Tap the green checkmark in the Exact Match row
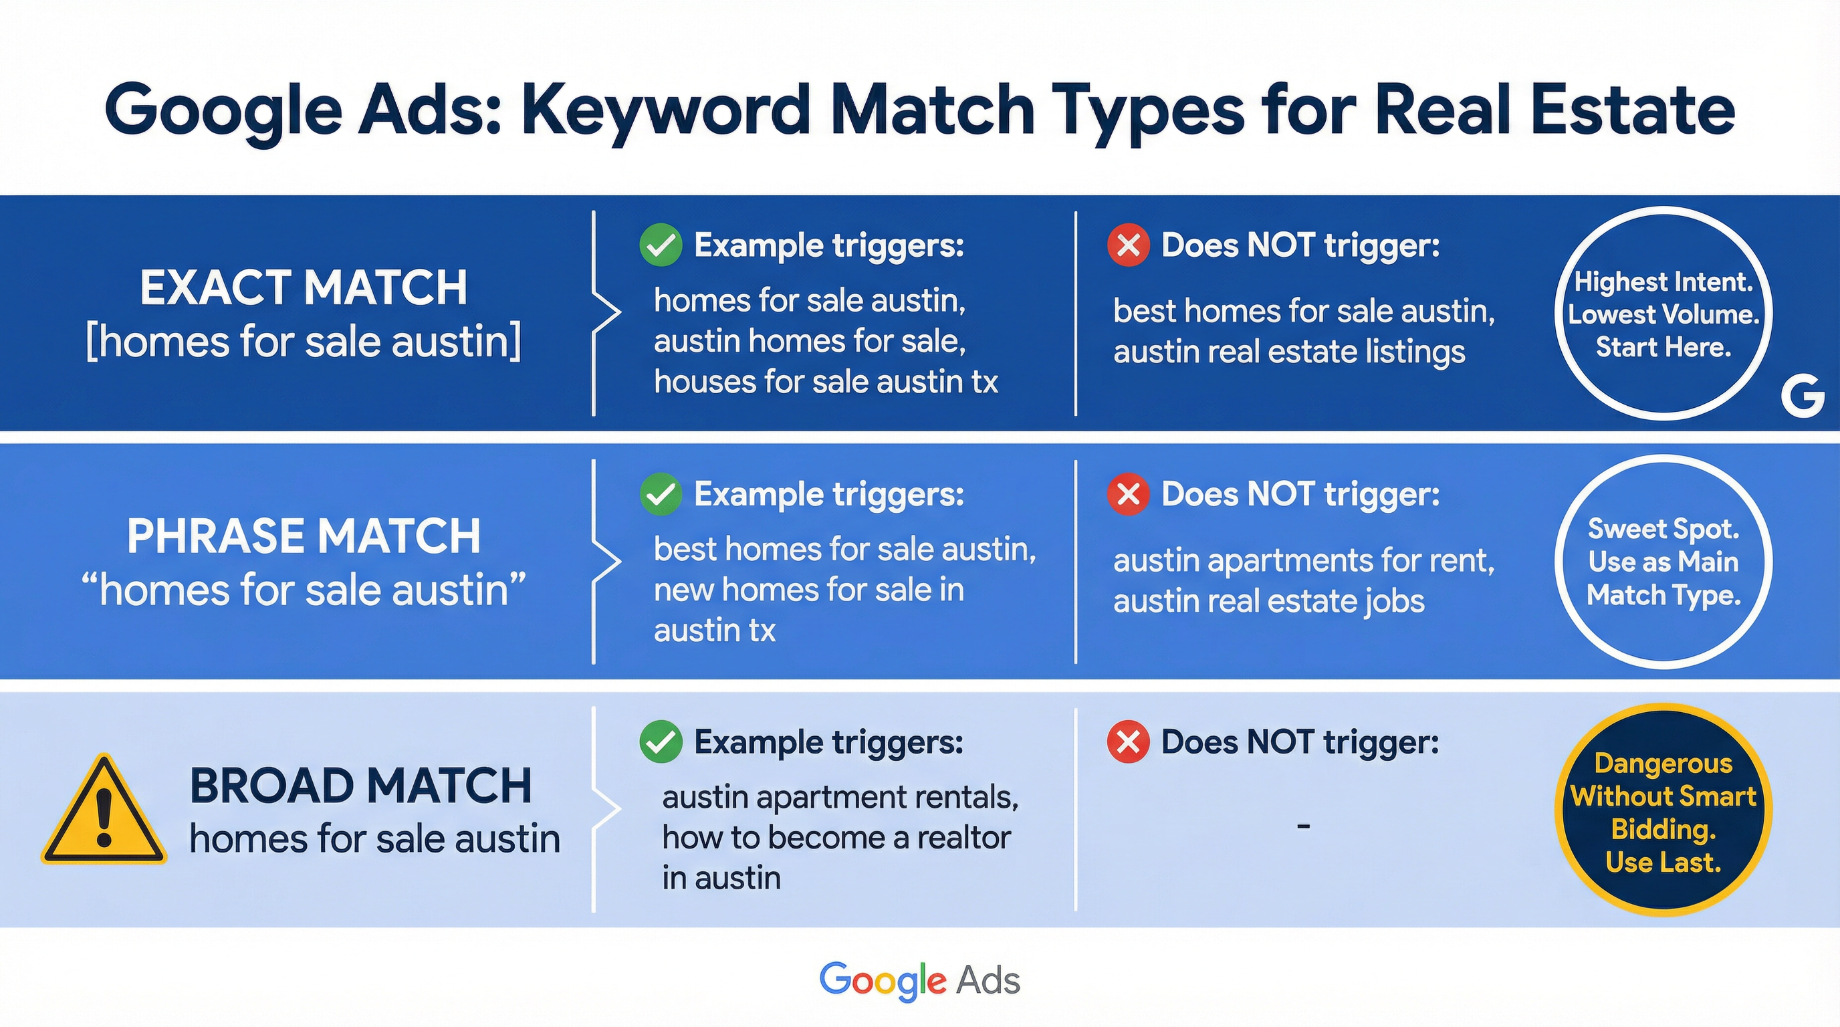tap(661, 245)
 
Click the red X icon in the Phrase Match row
tap(1128, 493)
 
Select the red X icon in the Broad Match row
tap(1128, 742)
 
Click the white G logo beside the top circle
tap(1802, 398)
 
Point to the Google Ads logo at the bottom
tap(919, 980)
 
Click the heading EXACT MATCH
tap(304, 288)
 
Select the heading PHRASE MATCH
tap(304, 536)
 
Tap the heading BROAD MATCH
tap(361, 786)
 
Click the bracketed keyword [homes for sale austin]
tap(304, 342)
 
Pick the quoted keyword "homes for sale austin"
tap(304, 590)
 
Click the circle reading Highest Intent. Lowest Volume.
tap(1663, 314)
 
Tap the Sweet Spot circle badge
tap(1663, 562)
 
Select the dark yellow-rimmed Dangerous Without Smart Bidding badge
tap(1663, 811)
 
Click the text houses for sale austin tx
tap(826, 381)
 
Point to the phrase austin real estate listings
tap(1289, 352)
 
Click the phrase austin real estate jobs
tap(1268, 600)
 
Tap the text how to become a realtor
tap(836, 838)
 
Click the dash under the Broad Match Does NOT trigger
tap(1304, 826)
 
